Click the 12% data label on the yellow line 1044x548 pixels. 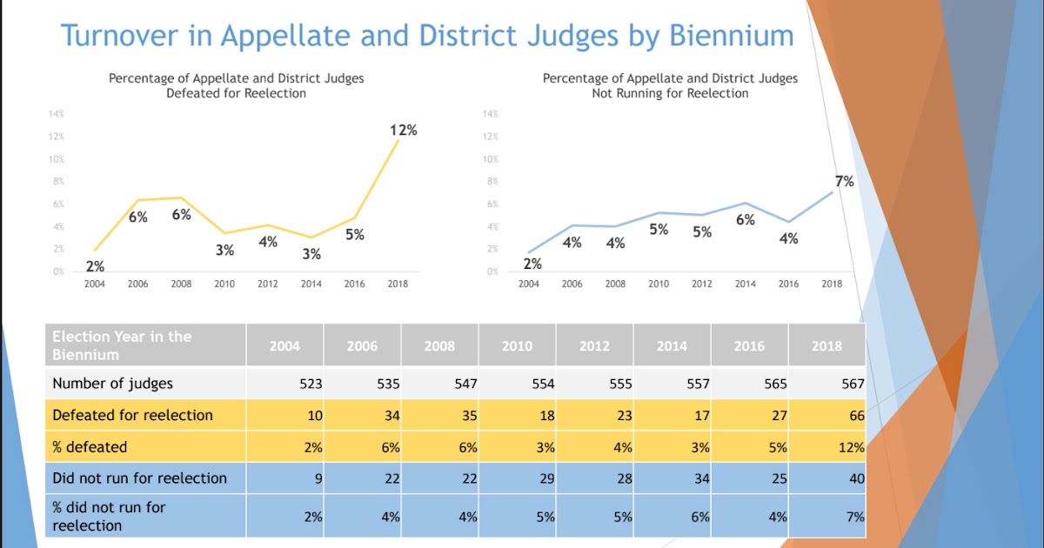[403, 130]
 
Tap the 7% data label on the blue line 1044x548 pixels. [844, 182]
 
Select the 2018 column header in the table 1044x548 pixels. [826, 345]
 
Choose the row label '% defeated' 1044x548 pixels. [90, 447]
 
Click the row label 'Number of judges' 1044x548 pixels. [112, 384]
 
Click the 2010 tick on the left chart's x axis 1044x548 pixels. [224, 284]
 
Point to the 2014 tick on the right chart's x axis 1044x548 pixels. [746, 284]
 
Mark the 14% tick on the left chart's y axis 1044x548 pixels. [57, 114]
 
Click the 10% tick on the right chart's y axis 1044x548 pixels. [490, 159]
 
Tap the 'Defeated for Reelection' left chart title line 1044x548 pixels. [236, 93]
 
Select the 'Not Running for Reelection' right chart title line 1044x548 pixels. [670, 93]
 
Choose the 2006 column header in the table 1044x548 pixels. [362, 345]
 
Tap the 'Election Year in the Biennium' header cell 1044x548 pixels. [122, 345]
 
